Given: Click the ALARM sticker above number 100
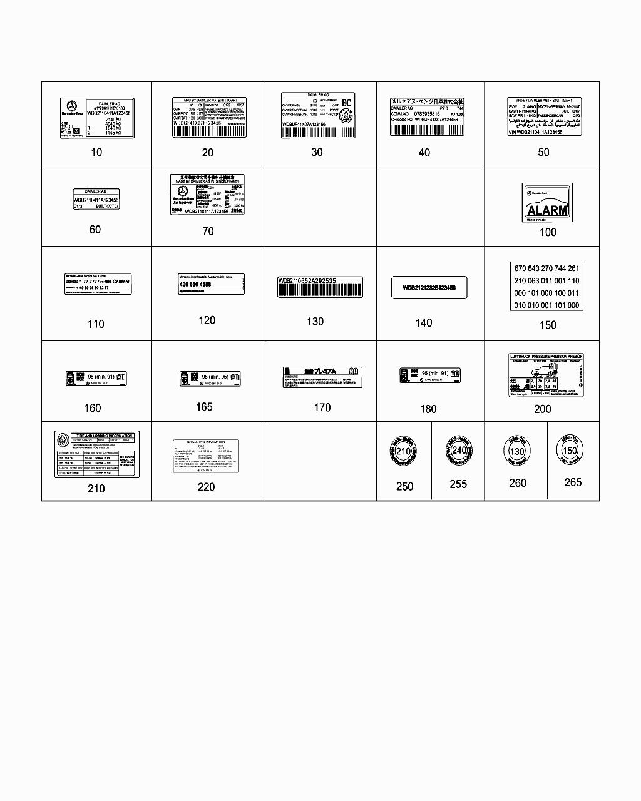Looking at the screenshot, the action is (x=547, y=203).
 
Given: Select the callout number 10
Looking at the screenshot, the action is (x=96, y=152).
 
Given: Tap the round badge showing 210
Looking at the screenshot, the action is (x=404, y=452).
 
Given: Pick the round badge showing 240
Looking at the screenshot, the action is (x=459, y=450).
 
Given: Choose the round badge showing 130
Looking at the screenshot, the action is (x=516, y=451).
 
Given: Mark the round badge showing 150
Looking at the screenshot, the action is (x=570, y=450).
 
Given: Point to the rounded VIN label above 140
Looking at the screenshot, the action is (x=429, y=288).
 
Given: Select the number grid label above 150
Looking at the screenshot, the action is (x=546, y=287).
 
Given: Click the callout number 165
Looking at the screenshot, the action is (x=204, y=407).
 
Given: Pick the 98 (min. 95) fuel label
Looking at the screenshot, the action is (x=210, y=379).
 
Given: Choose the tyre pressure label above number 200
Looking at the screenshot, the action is (x=545, y=375).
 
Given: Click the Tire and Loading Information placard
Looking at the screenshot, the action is (x=97, y=454).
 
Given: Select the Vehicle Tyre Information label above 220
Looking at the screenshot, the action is (x=206, y=456).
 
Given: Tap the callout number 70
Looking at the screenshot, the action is (x=208, y=232).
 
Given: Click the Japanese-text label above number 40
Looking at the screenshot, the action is (x=428, y=116).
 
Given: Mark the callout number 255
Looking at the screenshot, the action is (x=458, y=484).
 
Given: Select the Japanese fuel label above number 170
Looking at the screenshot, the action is (x=322, y=377).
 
